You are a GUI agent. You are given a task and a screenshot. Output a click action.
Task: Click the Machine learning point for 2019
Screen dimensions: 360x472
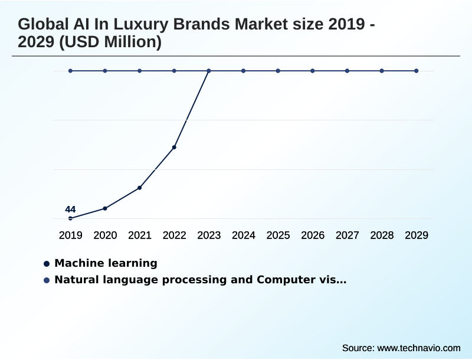70,218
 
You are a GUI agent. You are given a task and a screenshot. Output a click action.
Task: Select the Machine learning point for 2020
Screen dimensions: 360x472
105,208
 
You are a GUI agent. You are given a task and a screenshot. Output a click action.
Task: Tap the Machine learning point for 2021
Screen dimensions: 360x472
139,188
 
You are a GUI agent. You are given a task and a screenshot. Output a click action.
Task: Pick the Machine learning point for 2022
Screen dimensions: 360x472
174,147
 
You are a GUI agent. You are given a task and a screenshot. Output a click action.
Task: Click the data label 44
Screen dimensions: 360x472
70,209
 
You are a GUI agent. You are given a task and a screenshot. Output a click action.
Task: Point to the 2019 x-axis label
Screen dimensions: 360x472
70,235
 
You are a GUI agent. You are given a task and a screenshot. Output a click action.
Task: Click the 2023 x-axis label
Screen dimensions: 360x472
209,235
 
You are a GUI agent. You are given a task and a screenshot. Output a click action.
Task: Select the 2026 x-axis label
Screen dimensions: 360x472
313,235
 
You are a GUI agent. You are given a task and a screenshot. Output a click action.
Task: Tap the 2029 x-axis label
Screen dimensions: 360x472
417,235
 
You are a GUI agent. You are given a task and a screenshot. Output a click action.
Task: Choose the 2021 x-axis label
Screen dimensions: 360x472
140,235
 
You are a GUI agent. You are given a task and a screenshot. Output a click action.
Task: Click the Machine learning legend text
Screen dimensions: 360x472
106,263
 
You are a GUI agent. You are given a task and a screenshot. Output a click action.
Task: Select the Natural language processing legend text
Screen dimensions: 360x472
200,280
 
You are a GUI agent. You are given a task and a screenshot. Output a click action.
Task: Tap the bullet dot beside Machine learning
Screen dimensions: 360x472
46,264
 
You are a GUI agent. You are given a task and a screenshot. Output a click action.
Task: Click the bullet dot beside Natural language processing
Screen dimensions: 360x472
46,280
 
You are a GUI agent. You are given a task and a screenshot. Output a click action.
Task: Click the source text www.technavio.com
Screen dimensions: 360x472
418,348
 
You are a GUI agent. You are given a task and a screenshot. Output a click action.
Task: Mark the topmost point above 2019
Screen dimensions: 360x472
70,71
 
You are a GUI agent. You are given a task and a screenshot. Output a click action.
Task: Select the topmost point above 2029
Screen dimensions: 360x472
417,71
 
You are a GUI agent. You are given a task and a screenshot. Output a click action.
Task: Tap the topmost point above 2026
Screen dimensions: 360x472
313,71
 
